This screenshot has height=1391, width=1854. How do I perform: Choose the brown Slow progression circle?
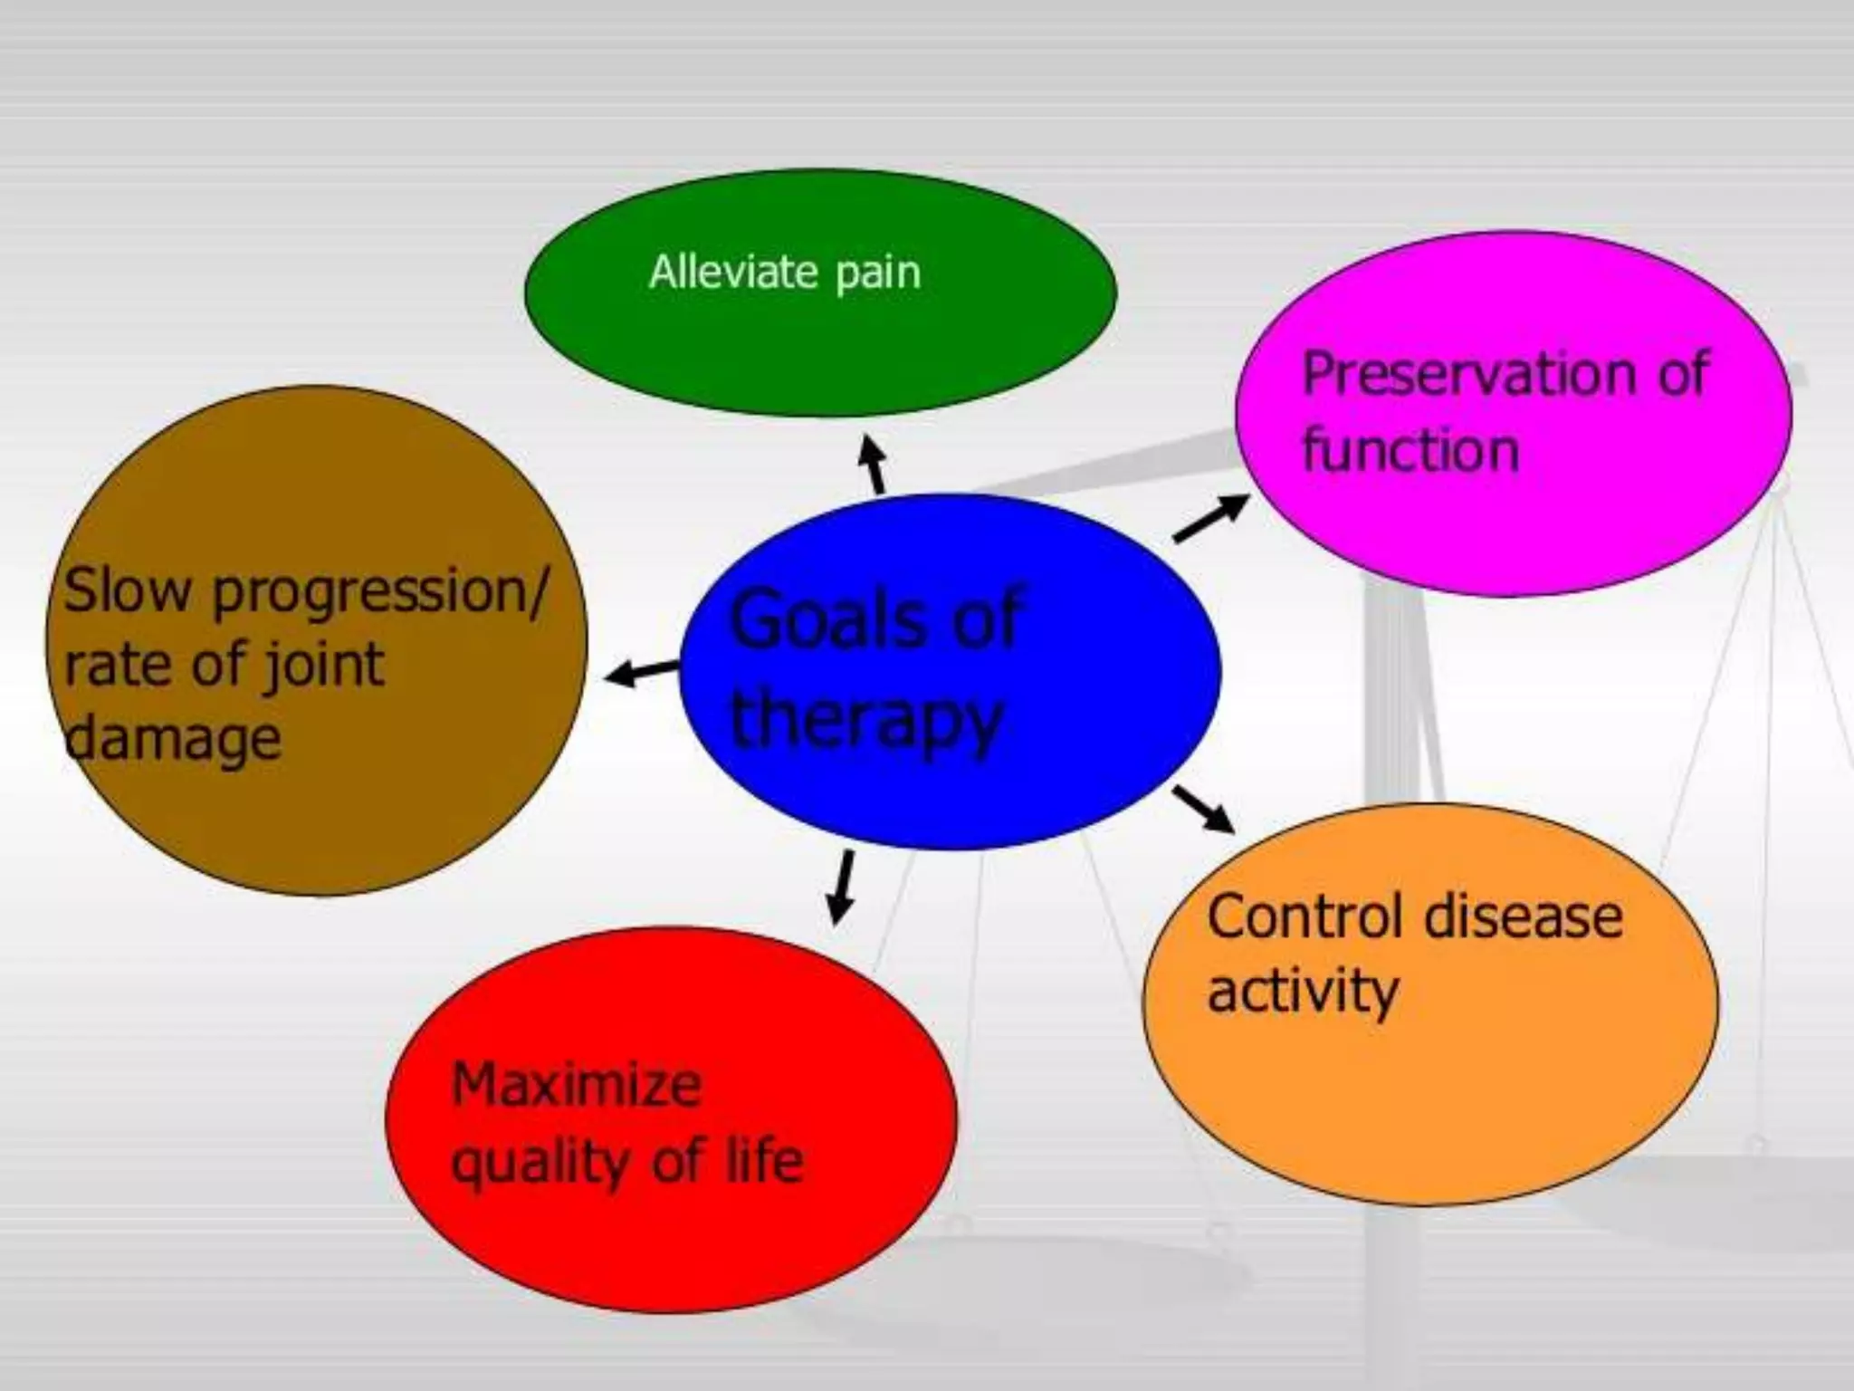pos(317,815)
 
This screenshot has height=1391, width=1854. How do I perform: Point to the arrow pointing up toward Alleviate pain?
pos(874,464)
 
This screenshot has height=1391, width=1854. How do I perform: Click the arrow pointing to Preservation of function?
pos(1210,519)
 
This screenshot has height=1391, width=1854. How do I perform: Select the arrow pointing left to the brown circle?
pos(641,671)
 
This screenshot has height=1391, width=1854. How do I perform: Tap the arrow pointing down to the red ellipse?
pos(842,887)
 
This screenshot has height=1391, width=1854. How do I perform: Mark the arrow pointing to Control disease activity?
pos(1203,808)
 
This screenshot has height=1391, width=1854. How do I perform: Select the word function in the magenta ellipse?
pos(1410,449)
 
